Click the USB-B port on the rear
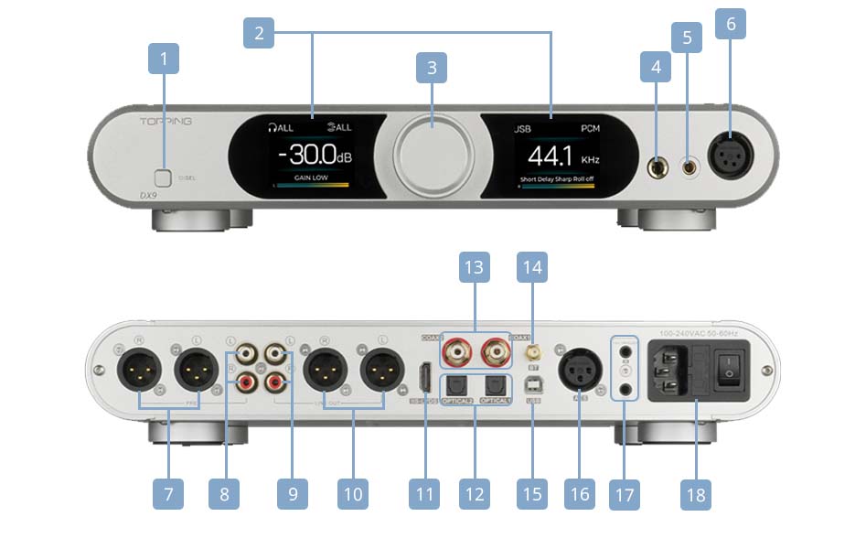[x=534, y=386]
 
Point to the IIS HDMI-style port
[x=424, y=377]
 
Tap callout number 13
[x=474, y=269]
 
